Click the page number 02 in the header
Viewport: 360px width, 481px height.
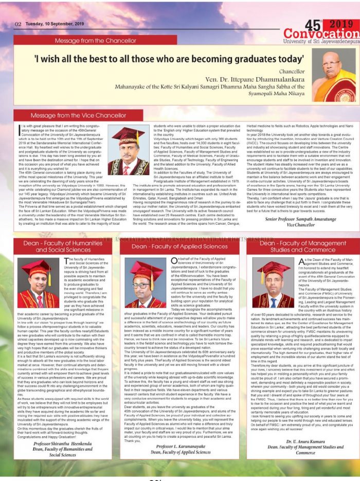(18, 24)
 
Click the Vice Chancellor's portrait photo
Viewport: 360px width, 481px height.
(128, 151)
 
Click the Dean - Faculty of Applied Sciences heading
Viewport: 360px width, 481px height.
(179, 246)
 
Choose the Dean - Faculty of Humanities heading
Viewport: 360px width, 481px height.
(63, 246)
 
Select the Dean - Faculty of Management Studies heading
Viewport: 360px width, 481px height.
(295, 246)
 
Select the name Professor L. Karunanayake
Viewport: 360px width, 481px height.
(179, 447)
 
